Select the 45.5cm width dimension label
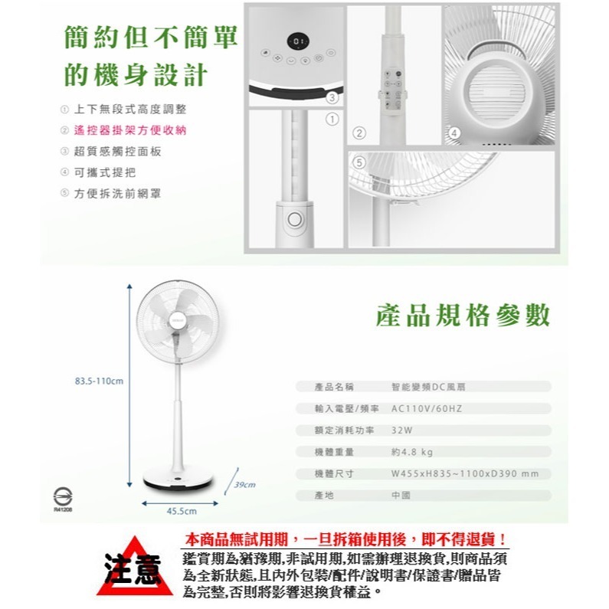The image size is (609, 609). click(x=182, y=511)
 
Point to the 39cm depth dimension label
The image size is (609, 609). click(x=244, y=485)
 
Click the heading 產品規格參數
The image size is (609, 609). click(x=463, y=316)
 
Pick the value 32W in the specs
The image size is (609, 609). click(x=402, y=431)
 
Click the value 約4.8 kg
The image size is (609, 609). click(x=411, y=452)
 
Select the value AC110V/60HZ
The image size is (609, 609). click(x=426, y=409)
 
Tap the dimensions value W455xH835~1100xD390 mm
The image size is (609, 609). click(x=464, y=474)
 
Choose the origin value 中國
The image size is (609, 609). click(x=401, y=496)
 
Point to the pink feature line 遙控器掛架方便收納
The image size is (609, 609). click(x=129, y=130)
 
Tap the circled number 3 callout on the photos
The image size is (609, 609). click(x=331, y=97)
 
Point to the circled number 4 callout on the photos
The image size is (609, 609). click(x=453, y=133)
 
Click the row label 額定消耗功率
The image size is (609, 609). click(x=344, y=431)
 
